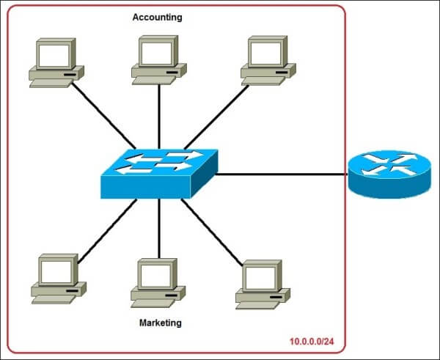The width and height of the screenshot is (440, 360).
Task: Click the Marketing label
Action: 160,323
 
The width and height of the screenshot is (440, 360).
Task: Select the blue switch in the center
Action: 159,173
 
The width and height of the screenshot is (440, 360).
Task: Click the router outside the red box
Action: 384,174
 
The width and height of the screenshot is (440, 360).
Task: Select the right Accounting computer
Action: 268,59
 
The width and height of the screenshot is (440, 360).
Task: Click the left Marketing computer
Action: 56,279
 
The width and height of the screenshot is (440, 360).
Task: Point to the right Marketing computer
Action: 262,283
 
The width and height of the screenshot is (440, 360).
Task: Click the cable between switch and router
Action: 282,175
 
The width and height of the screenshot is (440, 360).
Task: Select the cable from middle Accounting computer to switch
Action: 159,114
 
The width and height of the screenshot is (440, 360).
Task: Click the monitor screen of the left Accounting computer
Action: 56,54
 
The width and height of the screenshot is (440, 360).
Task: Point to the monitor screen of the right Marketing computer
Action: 260,277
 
